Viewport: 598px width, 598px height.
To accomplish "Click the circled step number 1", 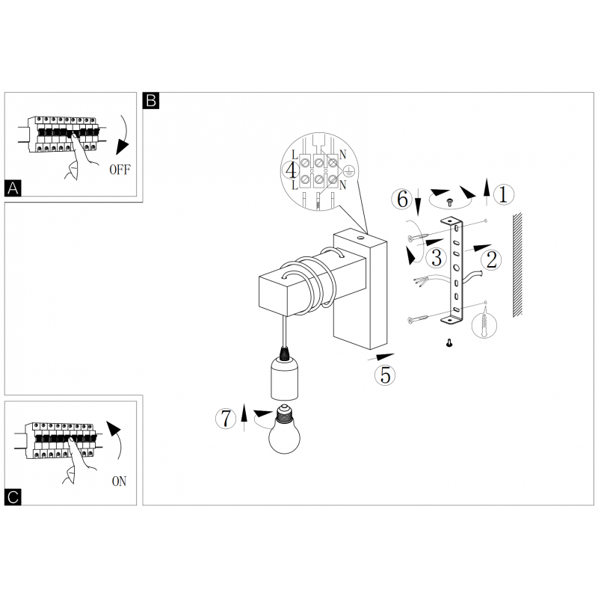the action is pyautogui.click(x=503, y=194).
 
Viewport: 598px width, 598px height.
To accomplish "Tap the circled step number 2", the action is pyautogui.click(x=491, y=260).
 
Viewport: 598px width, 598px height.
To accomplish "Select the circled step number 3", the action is pyautogui.click(x=436, y=257).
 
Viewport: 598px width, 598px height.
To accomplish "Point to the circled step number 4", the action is pyautogui.click(x=291, y=170).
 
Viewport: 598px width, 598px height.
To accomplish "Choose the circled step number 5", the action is pyautogui.click(x=385, y=375).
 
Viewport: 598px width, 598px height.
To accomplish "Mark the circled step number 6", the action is pyautogui.click(x=402, y=199).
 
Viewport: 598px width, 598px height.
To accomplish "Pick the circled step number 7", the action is pyautogui.click(x=226, y=418).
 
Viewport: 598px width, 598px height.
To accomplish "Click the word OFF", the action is pyautogui.click(x=120, y=170).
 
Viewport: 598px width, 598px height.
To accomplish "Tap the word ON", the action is pyautogui.click(x=119, y=481).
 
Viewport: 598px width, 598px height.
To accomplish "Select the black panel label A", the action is pyautogui.click(x=13, y=188).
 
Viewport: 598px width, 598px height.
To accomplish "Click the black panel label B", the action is pyautogui.click(x=151, y=101).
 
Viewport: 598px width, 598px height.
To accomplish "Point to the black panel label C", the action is pyautogui.click(x=13, y=497).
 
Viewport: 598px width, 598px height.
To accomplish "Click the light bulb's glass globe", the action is pyautogui.click(x=284, y=438).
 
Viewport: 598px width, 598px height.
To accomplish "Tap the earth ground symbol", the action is pyautogui.click(x=349, y=171).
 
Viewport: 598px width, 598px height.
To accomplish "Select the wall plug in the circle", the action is pyautogui.click(x=484, y=325).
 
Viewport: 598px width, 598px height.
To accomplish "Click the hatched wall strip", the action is pyautogui.click(x=517, y=265).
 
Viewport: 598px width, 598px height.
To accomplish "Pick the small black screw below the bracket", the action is pyautogui.click(x=449, y=343).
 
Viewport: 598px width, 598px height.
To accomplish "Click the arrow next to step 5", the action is pyautogui.click(x=380, y=357).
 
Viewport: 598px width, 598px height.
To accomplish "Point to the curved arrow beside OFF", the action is pyautogui.click(x=123, y=135).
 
